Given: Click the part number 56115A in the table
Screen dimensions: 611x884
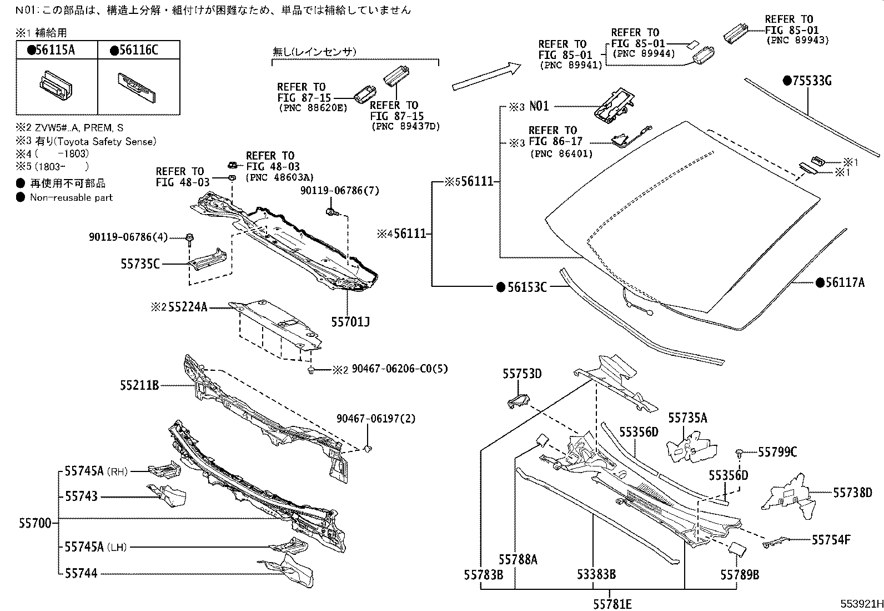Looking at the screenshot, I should click(54, 50).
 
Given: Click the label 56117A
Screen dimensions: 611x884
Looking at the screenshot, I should click(844, 282).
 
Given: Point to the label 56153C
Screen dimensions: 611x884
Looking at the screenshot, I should click(525, 287).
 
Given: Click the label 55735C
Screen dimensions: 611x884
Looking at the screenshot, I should click(140, 264).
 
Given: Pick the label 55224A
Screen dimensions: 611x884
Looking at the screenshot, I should click(187, 306).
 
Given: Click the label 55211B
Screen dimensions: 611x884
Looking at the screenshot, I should click(140, 385).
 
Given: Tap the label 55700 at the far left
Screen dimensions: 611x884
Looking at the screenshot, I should click(35, 523).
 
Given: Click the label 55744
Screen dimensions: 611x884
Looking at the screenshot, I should click(81, 573).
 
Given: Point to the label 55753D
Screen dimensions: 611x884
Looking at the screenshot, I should click(522, 374).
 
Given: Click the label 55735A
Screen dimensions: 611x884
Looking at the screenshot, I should click(687, 418).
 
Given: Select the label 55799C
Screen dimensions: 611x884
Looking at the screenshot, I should click(777, 453).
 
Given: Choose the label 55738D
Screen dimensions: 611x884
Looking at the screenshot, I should click(852, 493).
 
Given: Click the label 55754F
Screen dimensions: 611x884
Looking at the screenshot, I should click(831, 539).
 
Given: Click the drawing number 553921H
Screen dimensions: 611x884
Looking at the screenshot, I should click(860, 604).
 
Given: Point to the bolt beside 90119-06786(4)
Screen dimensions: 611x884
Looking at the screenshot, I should click(190, 239).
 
